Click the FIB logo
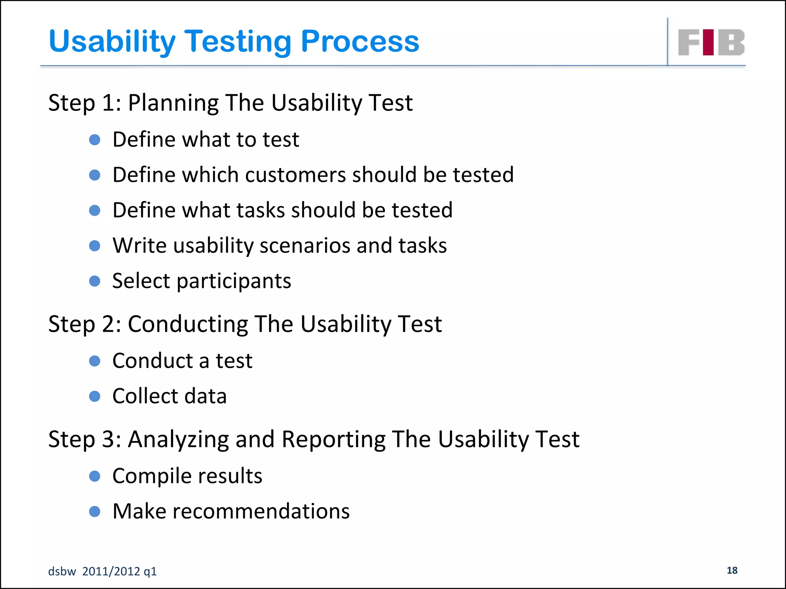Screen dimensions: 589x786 coord(711,42)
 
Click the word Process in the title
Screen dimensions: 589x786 coord(360,41)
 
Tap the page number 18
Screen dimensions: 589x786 coord(732,570)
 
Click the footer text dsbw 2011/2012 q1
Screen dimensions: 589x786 coord(102,571)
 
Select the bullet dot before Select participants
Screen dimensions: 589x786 coord(94,281)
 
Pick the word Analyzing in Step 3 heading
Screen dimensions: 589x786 coord(178,439)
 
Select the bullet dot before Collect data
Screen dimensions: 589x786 coord(94,396)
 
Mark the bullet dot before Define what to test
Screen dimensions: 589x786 coord(94,140)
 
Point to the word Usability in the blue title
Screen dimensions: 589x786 coord(112,41)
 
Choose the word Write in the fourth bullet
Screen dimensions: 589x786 coord(140,245)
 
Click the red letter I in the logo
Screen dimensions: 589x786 coord(708,42)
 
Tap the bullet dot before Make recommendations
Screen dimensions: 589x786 coord(94,512)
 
